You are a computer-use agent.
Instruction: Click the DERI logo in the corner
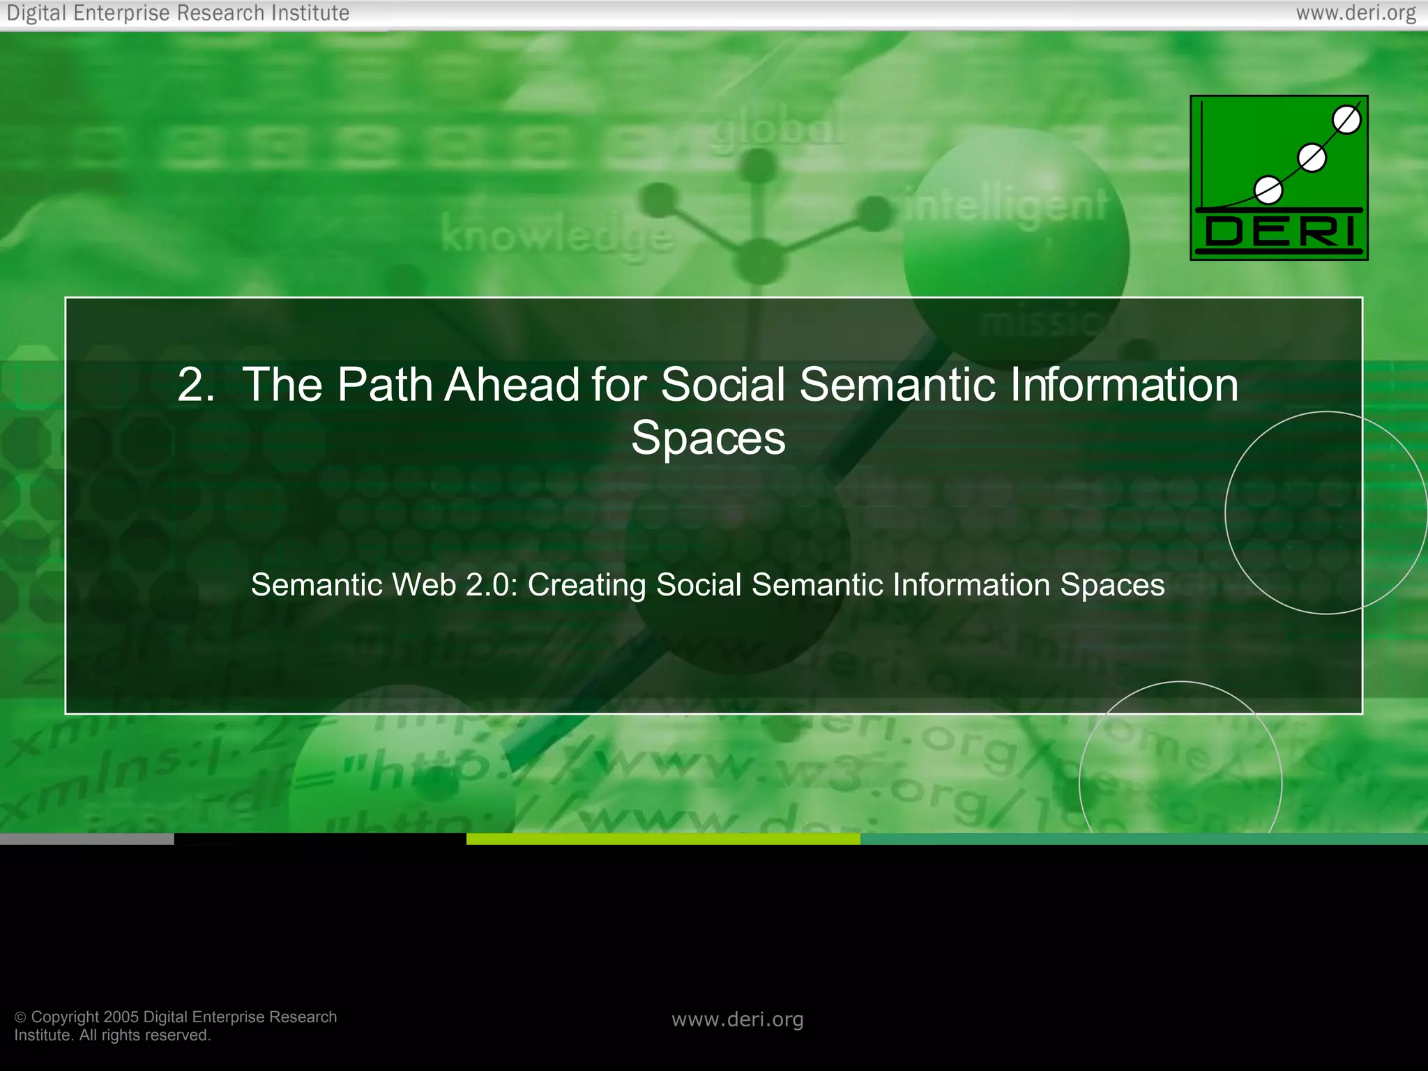pyautogui.click(x=1279, y=178)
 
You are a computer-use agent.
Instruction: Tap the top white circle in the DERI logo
pyautogui.click(x=1346, y=120)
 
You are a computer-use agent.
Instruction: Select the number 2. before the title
pyautogui.click(x=196, y=385)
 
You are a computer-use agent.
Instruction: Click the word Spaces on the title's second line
pyautogui.click(x=708, y=439)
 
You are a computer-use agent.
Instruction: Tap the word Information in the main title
pyautogui.click(x=1123, y=385)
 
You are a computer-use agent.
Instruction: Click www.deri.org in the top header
pyautogui.click(x=1355, y=13)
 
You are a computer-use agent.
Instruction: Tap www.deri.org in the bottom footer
pyautogui.click(x=737, y=1019)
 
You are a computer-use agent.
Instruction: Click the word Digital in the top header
pyautogui.click(x=37, y=13)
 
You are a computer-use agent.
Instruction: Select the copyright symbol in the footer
pyautogui.click(x=20, y=1017)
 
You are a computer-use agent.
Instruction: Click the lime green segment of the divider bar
pyautogui.click(x=662, y=840)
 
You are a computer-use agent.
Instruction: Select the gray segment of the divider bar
pyautogui.click(x=86, y=840)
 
